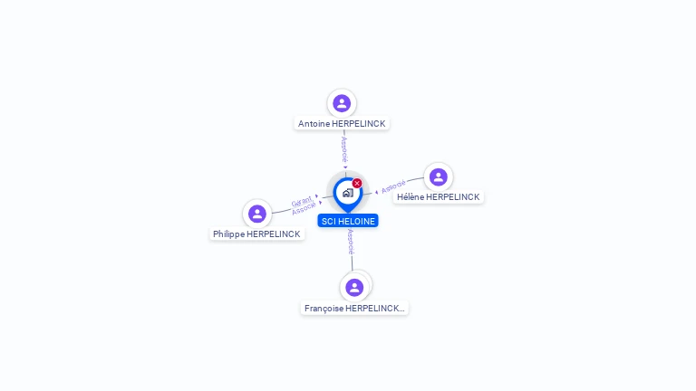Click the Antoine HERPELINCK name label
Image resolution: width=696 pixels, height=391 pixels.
click(x=342, y=123)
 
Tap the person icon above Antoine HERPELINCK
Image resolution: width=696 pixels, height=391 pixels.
click(x=342, y=103)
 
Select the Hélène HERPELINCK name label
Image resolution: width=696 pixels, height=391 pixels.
click(x=438, y=197)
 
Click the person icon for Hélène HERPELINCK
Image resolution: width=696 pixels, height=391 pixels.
click(x=439, y=177)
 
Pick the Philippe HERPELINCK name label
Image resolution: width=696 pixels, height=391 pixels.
click(x=256, y=234)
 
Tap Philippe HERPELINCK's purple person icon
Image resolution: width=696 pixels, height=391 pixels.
click(x=257, y=214)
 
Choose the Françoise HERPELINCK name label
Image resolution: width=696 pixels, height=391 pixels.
click(x=354, y=309)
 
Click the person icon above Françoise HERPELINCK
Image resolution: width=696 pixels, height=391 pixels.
click(x=354, y=287)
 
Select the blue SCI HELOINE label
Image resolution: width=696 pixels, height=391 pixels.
click(x=348, y=221)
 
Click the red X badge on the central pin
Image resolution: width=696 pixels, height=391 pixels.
click(x=357, y=183)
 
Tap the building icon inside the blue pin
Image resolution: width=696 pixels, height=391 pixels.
click(x=347, y=193)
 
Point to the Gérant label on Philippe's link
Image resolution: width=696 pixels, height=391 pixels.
click(x=302, y=201)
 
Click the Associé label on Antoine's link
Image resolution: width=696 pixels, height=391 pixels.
click(x=344, y=149)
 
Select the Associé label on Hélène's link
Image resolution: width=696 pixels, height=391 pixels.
click(x=393, y=187)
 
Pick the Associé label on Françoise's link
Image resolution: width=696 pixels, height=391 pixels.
click(x=351, y=242)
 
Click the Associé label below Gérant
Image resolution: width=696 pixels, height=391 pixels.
click(x=304, y=209)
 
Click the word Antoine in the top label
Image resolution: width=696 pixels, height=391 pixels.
click(x=314, y=123)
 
